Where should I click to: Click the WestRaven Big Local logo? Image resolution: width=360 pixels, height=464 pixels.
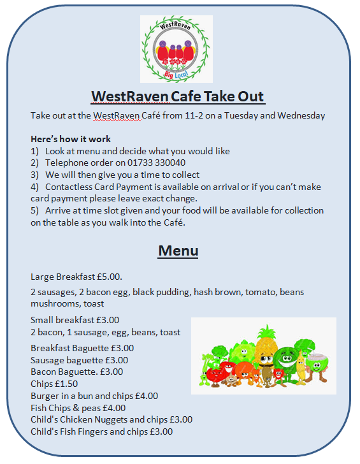click(176, 49)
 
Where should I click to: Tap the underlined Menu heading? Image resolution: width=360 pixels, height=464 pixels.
click(178, 250)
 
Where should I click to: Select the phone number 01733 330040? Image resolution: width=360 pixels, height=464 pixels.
click(157, 163)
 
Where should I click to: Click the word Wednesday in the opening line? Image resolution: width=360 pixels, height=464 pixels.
click(301, 115)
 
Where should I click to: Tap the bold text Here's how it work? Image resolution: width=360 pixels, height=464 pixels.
click(71, 139)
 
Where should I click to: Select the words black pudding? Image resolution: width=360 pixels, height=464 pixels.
click(161, 293)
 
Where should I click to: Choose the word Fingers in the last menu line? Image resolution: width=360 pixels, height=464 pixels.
click(89, 432)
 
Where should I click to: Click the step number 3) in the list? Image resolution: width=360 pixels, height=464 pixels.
click(34, 175)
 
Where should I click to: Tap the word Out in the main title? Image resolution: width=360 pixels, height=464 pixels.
click(251, 96)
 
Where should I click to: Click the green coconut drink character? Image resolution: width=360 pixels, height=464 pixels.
click(317, 365)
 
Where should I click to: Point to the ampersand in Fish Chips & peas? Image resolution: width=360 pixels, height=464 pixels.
click(76, 408)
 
